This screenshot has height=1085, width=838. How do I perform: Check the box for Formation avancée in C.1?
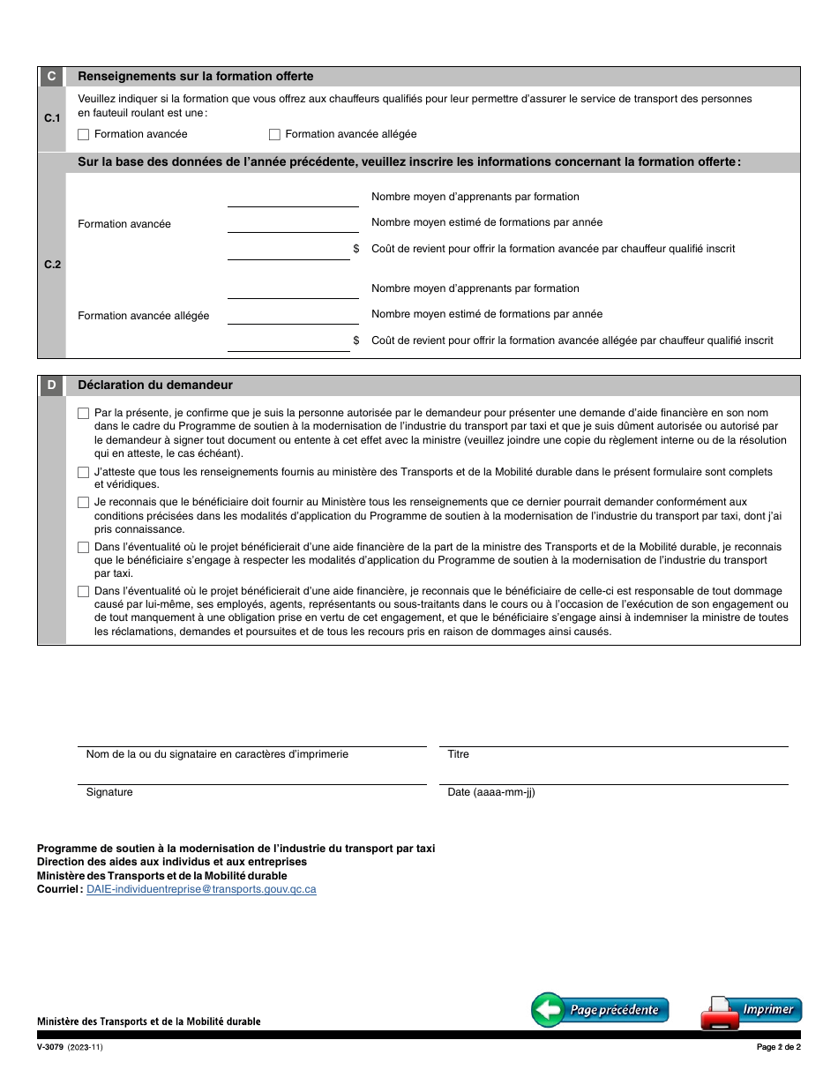[x=84, y=135]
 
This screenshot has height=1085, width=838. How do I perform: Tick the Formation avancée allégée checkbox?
[x=274, y=135]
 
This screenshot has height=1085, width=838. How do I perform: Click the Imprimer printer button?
[x=751, y=1011]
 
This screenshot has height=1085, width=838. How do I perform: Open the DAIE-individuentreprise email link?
[x=201, y=889]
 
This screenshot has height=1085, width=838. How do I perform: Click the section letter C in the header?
[x=51, y=77]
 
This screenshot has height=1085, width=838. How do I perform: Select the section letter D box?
[x=51, y=385]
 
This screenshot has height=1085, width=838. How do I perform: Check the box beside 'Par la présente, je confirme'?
[x=84, y=413]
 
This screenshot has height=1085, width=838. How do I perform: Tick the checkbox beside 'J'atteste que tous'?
[x=84, y=473]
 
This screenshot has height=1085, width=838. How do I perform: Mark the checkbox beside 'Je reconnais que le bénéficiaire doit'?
[x=84, y=502]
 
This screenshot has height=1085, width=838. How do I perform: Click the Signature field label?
[x=109, y=792]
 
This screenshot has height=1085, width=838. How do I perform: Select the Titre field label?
[x=459, y=754]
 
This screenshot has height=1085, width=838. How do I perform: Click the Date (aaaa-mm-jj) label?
[x=491, y=792]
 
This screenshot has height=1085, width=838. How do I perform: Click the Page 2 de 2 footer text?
[x=778, y=1048]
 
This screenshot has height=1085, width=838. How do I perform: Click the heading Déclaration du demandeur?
[x=155, y=385]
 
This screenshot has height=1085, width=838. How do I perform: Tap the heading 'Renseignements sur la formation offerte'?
[x=196, y=77]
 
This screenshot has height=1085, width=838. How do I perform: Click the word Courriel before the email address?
[x=59, y=889]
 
